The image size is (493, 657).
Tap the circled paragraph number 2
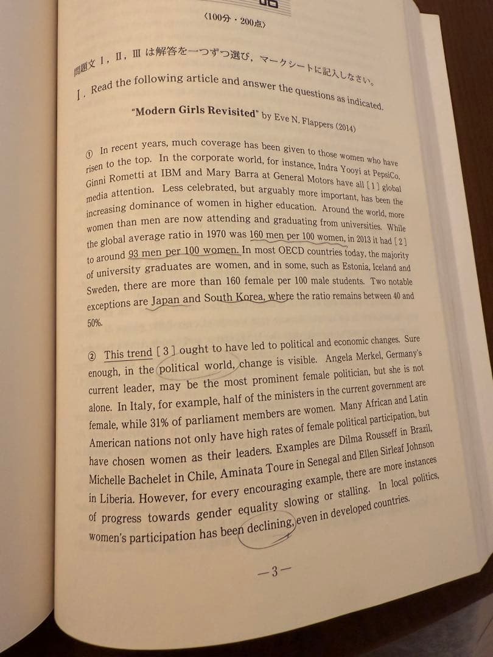[x=92, y=356]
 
